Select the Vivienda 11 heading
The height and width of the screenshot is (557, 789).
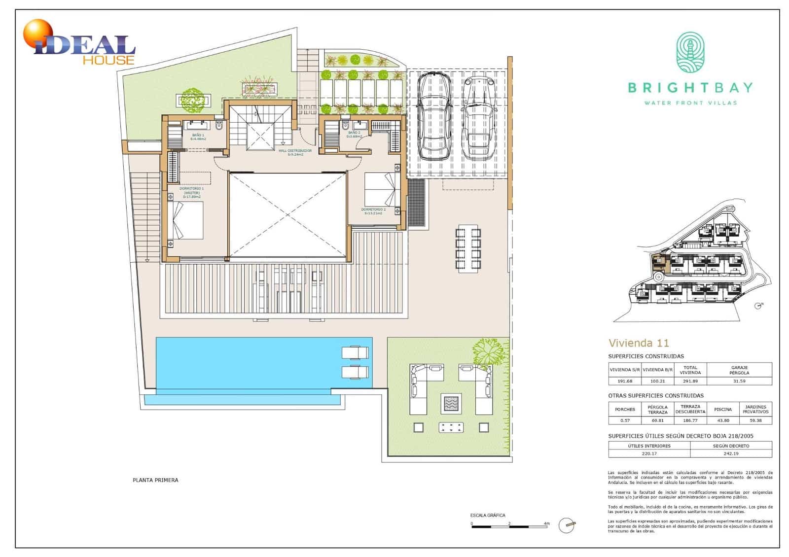638,343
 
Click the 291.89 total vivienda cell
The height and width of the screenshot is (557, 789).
689,381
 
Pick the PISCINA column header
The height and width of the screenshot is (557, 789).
722,409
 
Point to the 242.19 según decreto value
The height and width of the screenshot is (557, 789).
730,453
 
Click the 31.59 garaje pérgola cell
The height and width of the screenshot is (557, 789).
739,381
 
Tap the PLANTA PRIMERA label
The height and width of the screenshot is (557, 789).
155,480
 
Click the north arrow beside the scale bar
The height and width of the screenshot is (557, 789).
568,525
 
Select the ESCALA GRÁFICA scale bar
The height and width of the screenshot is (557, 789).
509,526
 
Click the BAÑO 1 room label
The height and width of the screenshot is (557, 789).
198,137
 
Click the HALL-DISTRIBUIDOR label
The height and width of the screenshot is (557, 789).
295,152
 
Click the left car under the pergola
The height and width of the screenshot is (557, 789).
434,116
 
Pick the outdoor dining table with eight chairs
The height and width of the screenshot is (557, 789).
468,248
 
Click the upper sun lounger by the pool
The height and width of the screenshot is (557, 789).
355,353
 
